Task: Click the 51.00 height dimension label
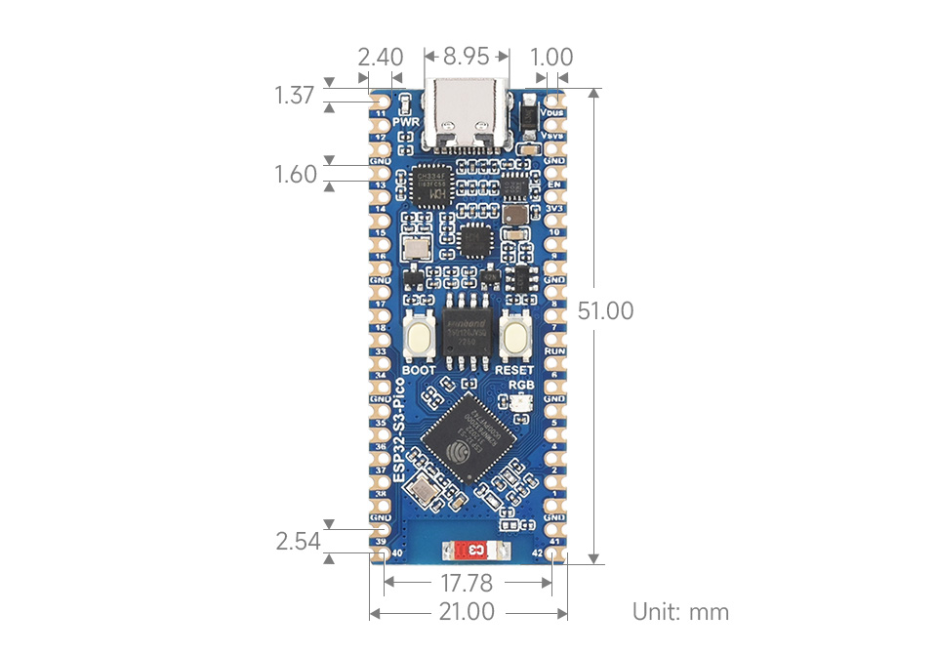pyautogui.click(x=605, y=311)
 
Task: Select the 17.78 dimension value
pyautogui.click(x=466, y=584)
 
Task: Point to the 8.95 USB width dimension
pyautogui.click(x=466, y=57)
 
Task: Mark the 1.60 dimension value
pyautogui.click(x=295, y=175)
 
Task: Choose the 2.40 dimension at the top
pyautogui.click(x=380, y=57)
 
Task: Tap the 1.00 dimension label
pyautogui.click(x=550, y=57)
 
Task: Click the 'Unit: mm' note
pyautogui.click(x=680, y=612)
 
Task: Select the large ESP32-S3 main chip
pyautogui.click(x=467, y=440)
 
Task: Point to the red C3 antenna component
pyautogui.click(x=476, y=552)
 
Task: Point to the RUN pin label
pyautogui.click(x=554, y=350)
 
